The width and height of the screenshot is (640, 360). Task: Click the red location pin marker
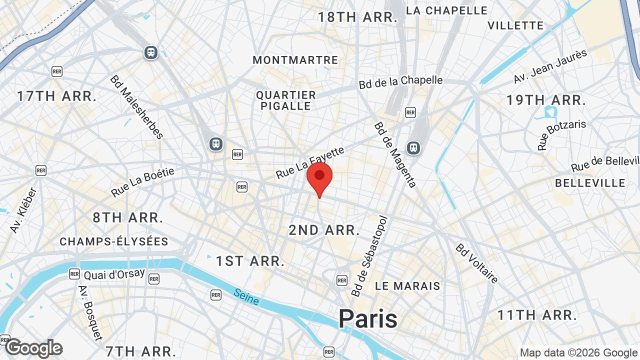(319, 177)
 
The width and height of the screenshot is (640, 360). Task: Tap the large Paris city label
(368, 318)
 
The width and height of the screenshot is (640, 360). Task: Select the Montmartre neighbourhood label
(295, 60)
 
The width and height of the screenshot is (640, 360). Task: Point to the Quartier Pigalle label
(286, 100)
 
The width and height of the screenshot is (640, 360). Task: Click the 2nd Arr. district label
(324, 230)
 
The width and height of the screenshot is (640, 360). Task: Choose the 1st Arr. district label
(250, 260)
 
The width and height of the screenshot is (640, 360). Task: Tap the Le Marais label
(407, 286)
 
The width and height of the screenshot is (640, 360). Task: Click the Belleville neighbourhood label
(590, 183)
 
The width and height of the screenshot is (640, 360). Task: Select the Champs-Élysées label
(114, 241)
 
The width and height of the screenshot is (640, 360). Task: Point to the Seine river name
(246, 297)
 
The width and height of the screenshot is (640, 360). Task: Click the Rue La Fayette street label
(310, 162)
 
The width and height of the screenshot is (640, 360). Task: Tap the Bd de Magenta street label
(395, 155)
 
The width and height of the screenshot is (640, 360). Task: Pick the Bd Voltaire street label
(476, 263)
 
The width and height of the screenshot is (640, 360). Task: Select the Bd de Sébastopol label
(370, 256)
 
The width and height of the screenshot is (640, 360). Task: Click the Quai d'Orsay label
(114, 274)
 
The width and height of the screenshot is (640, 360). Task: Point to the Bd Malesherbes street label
(137, 107)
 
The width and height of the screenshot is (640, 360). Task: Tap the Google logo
(34, 348)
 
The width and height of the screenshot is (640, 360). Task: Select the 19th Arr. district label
(545, 100)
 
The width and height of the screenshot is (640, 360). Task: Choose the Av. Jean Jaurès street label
(550, 66)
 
